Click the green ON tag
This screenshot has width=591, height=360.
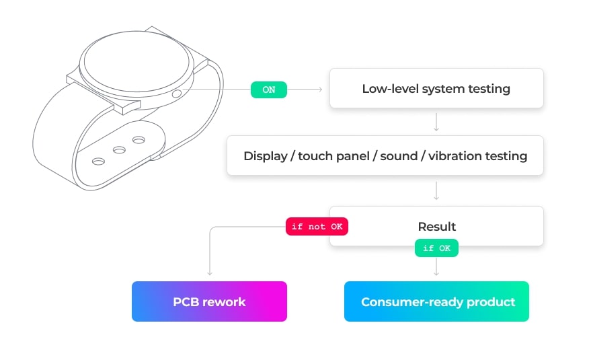pyautogui.click(x=268, y=89)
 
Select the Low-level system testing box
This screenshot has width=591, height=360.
pyautogui.click(x=436, y=88)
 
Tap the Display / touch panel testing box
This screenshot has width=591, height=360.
pyautogui.click(x=385, y=156)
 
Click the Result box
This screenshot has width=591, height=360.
pyautogui.click(x=436, y=226)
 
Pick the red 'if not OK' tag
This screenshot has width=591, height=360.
pyautogui.click(x=317, y=227)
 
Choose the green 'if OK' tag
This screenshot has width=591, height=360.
pyautogui.click(x=436, y=248)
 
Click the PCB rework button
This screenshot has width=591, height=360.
pyautogui.click(x=209, y=301)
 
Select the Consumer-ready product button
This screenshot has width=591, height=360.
pyautogui.click(x=436, y=301)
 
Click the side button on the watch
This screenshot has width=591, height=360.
pyautogui.click(x=177, y=94)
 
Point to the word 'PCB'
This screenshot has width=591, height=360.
pyautogui.click(x=186, y=301)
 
